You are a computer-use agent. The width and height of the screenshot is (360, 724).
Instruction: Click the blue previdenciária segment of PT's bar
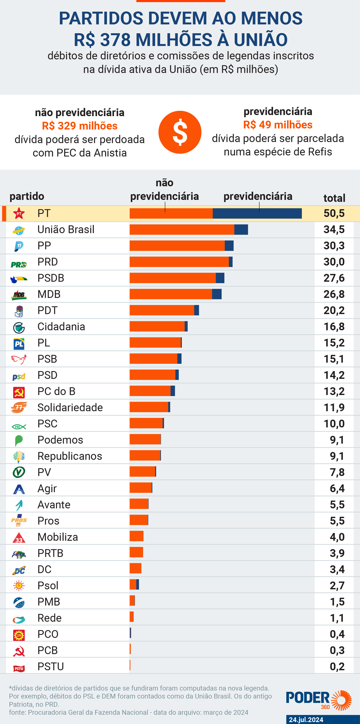point(257,213)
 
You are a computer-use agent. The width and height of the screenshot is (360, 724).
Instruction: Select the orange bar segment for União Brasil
point(182,230)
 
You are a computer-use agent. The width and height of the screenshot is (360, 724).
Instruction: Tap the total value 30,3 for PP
point(334,246)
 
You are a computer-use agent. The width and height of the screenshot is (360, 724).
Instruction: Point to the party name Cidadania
point(61,327)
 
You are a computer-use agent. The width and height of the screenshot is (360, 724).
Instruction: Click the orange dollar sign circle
point(180,132)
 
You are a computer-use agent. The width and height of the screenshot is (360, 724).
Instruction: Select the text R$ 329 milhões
point(80,126)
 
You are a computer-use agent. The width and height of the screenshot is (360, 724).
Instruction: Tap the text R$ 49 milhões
point(278,125)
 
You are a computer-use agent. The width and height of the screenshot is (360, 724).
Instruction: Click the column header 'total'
point(334,198)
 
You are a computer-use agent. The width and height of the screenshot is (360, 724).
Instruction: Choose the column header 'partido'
point(27,196)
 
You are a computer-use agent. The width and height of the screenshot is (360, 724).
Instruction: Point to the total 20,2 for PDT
point(334,310)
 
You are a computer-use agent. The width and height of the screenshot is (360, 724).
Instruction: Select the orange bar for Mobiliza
point(136,536)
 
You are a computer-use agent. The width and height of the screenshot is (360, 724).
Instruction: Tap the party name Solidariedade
point(70,408)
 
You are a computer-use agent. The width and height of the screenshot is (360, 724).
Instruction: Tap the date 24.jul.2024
point(306,719)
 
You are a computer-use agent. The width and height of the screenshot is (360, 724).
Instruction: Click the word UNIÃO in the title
point(260,40)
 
